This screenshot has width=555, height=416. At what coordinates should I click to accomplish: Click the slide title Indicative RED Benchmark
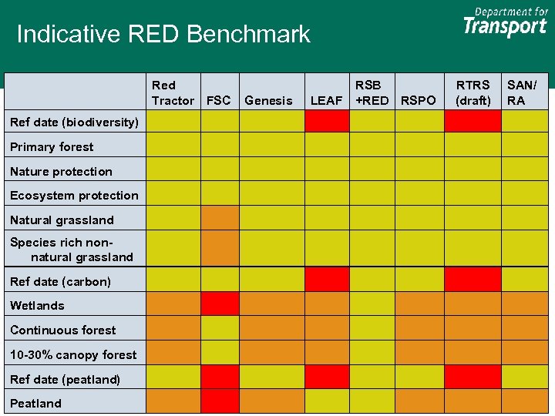pos(163,35)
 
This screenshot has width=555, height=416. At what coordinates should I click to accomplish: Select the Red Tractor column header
pos(173,92)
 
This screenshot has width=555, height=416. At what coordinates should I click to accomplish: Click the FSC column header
pos(219,100)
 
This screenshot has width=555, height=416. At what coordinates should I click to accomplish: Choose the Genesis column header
pos(268,100)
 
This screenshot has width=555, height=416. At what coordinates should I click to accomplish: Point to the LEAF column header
pos(326,100)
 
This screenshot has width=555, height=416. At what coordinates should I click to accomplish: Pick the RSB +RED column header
pos(372,92)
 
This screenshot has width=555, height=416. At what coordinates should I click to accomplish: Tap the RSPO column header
pos(419,100)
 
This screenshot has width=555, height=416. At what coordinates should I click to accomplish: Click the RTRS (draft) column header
pos(473,92)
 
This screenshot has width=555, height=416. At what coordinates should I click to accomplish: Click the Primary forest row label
pos(52,147)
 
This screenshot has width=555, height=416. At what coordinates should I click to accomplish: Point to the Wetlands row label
pos(37,306)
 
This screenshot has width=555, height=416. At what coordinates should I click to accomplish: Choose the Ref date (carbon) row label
pos(60,281)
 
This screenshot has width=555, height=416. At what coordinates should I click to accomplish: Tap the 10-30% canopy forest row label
pos(73,355)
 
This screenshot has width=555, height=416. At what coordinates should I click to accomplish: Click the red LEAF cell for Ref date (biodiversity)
pos(327,122)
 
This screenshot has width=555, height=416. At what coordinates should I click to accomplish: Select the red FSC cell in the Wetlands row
pos(220,304)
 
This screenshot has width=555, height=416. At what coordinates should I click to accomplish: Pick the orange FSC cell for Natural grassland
pos(220,218)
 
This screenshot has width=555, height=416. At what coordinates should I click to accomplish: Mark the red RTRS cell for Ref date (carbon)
pos(473,279)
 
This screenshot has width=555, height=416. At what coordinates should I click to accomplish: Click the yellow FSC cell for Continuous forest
pos(220,328)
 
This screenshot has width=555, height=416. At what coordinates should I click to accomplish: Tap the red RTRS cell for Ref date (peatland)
pos(473,377)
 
